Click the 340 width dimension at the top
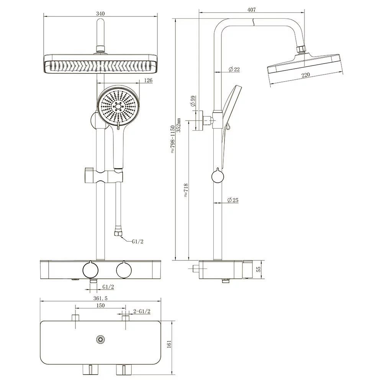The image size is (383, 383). point(100,13)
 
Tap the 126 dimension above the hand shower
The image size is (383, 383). point(149,80)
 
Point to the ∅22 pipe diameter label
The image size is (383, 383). point(234,69)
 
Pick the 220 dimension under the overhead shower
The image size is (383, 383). point(305,75)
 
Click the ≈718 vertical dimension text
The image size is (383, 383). point(186,190)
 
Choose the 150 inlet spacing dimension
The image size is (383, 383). point(100,305)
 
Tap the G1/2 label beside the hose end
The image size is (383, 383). point(138,242)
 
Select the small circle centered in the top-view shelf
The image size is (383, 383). point(101,339)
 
